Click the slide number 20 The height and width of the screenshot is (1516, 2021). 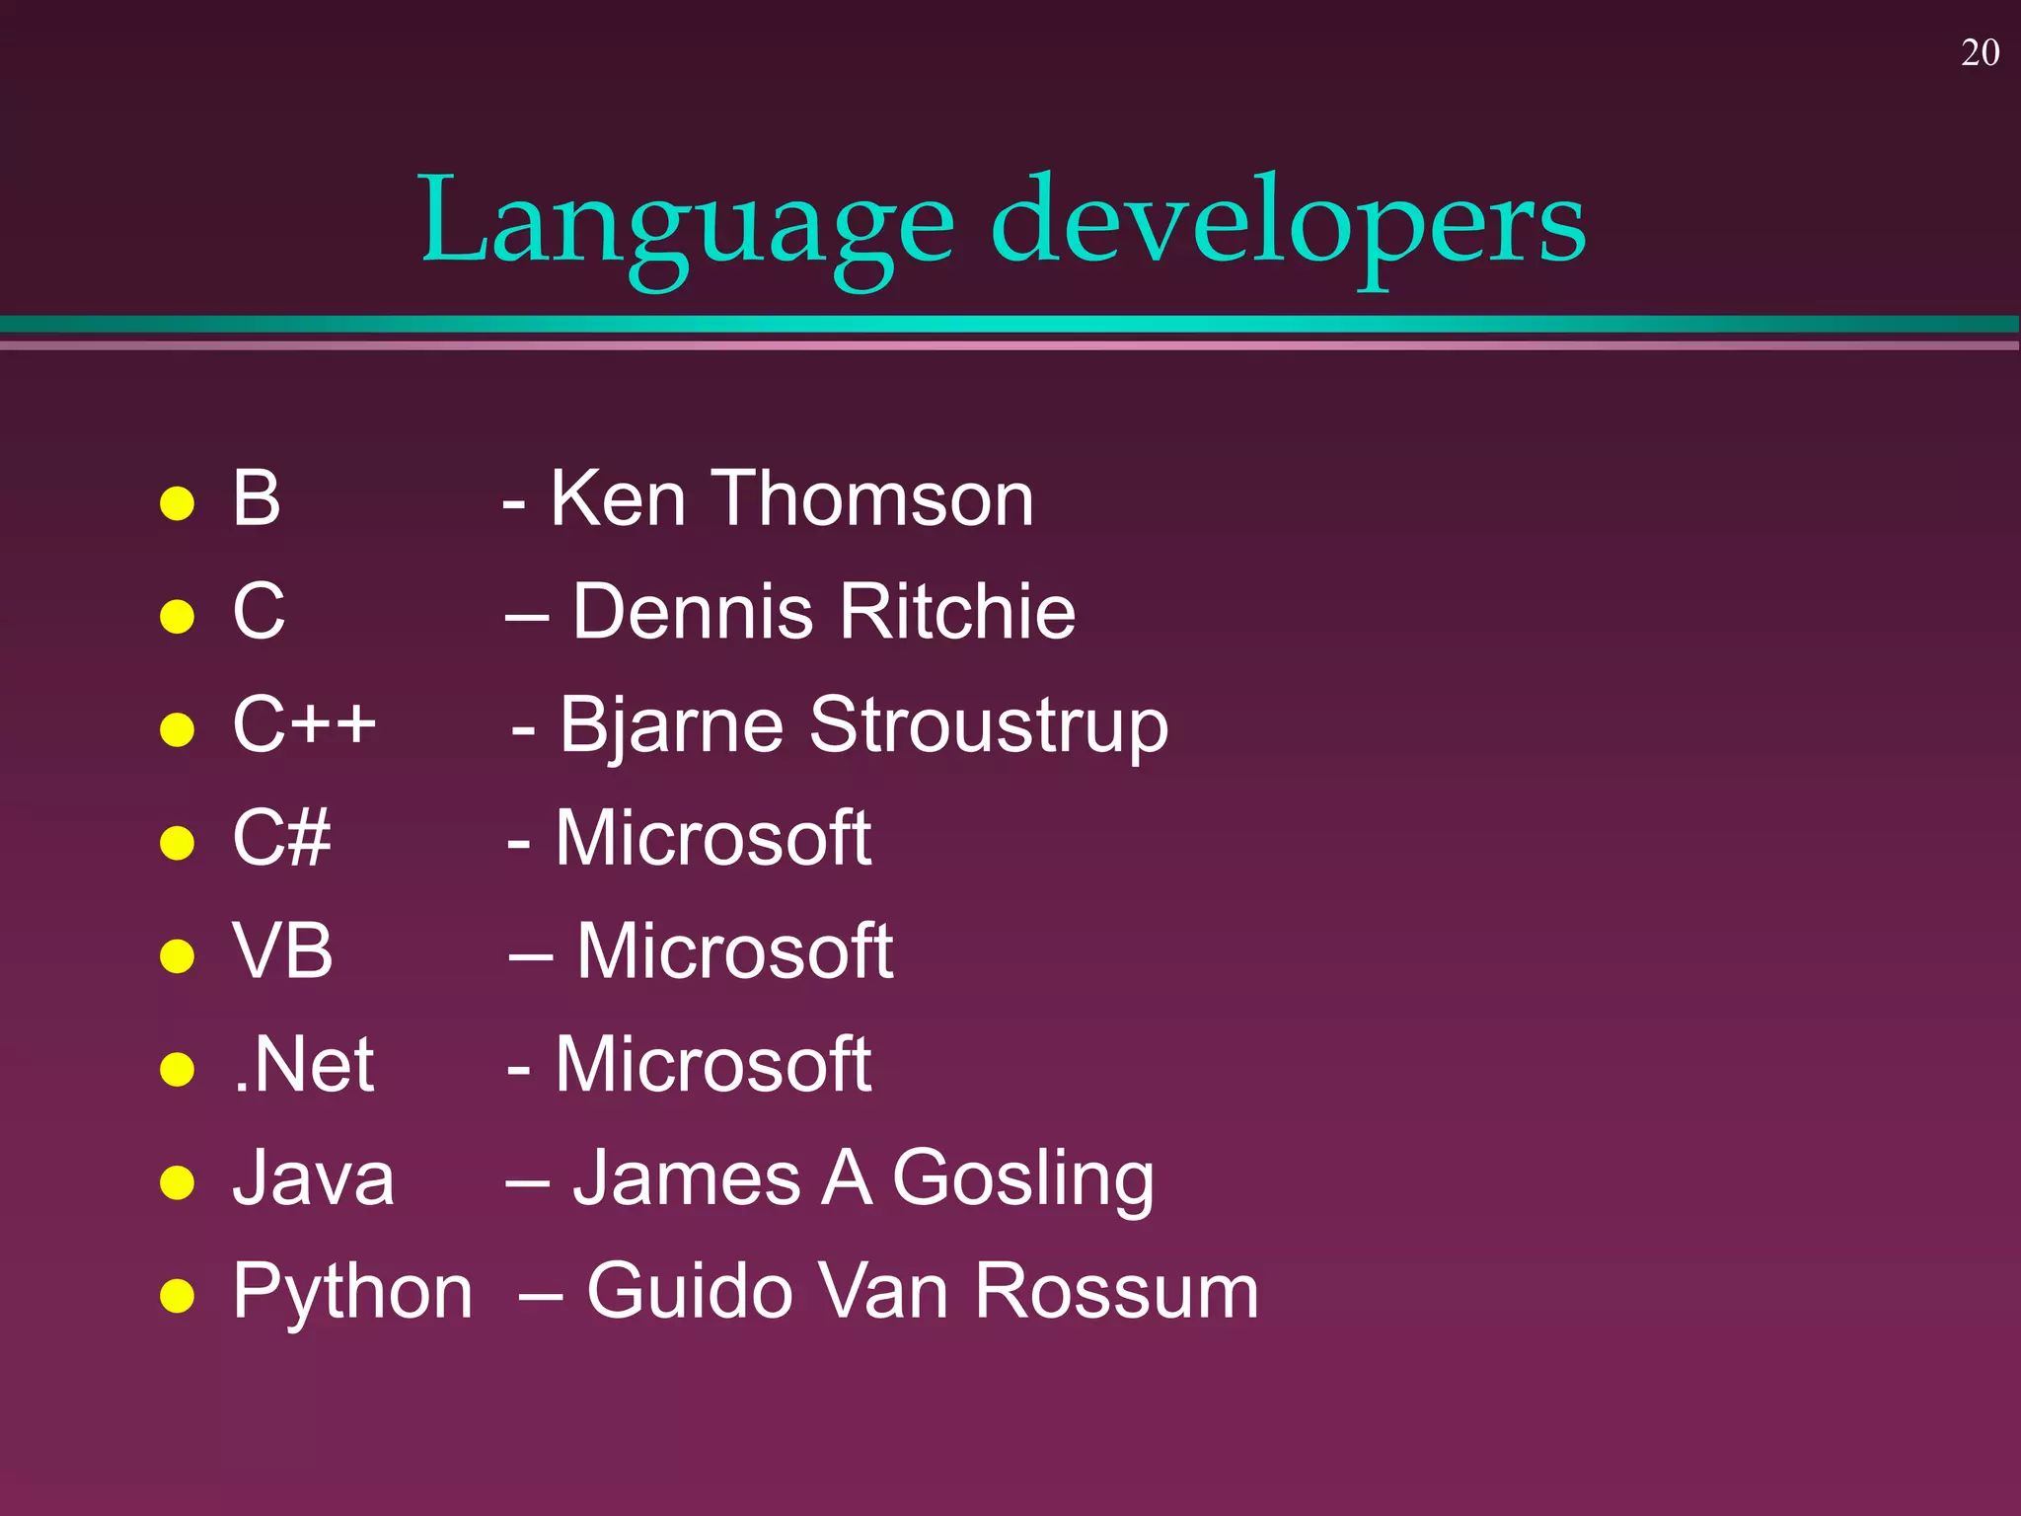pos(1980,53)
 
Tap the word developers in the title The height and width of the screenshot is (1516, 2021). pos(1288,223)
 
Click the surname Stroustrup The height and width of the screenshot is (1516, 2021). pos(989,726)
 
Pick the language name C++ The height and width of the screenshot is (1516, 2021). pos(304,724)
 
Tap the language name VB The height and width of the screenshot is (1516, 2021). pos(282,951)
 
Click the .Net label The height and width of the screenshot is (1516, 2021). pos(303,1065)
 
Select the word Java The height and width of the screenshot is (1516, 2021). pos(313,1178)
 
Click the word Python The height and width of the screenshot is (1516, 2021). pos(352,1293)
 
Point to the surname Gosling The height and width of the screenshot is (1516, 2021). pos(1022,1178)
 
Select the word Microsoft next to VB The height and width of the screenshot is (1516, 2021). pos(734,951)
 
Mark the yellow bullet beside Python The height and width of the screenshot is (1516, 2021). pos(177,1295)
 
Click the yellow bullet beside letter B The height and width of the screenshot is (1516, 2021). pos(177,502)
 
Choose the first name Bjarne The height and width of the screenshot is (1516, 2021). pos(671,726)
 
